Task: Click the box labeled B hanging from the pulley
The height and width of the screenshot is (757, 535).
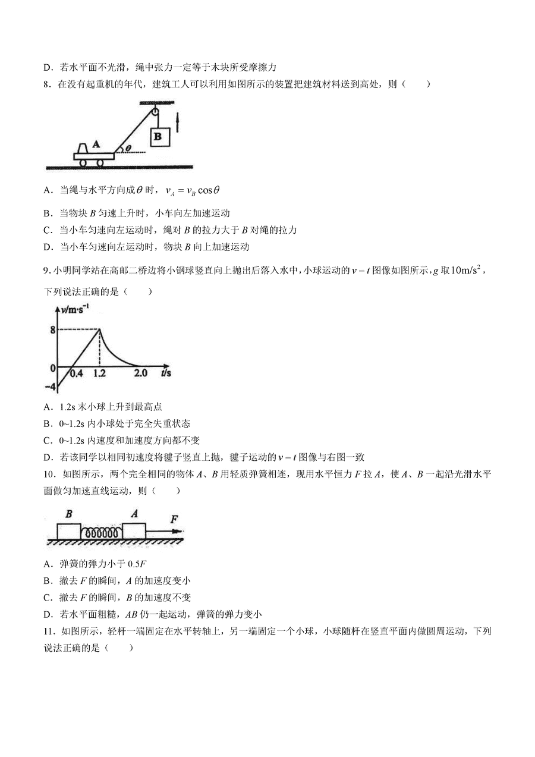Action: pos(158,137)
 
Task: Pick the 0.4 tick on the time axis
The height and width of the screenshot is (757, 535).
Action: pos(77,374)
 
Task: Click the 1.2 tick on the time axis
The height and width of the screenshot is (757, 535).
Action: pos(99,374)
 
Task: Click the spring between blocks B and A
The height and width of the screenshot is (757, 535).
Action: pos(102,532)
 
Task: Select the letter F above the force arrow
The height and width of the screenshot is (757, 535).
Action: pos(174,519)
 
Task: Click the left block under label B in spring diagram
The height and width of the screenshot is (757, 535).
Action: pos(69,530)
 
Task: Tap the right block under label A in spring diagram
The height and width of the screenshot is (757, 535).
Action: pos(134,530)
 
